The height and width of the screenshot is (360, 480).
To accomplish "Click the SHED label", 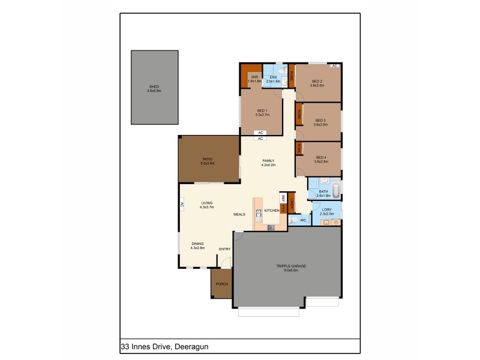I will pos(155,88).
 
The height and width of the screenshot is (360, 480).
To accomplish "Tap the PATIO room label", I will pos(208,161).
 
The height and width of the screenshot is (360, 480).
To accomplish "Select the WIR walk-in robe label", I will pos(254,79).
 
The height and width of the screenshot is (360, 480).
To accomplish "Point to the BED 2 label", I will pos(317,83).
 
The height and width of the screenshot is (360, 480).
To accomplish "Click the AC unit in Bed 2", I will pos(333,65).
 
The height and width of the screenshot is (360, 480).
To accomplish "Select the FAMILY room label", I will pos(268,162).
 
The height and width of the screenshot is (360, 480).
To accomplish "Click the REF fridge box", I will pos(282,198).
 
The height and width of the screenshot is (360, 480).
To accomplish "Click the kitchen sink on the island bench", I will pos(259,213).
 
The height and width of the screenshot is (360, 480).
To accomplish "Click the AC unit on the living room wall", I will pos(181,205).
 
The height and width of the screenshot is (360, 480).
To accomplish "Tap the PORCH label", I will pos(221,284).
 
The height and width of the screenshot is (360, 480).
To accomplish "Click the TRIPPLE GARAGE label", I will pos(287,268).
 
